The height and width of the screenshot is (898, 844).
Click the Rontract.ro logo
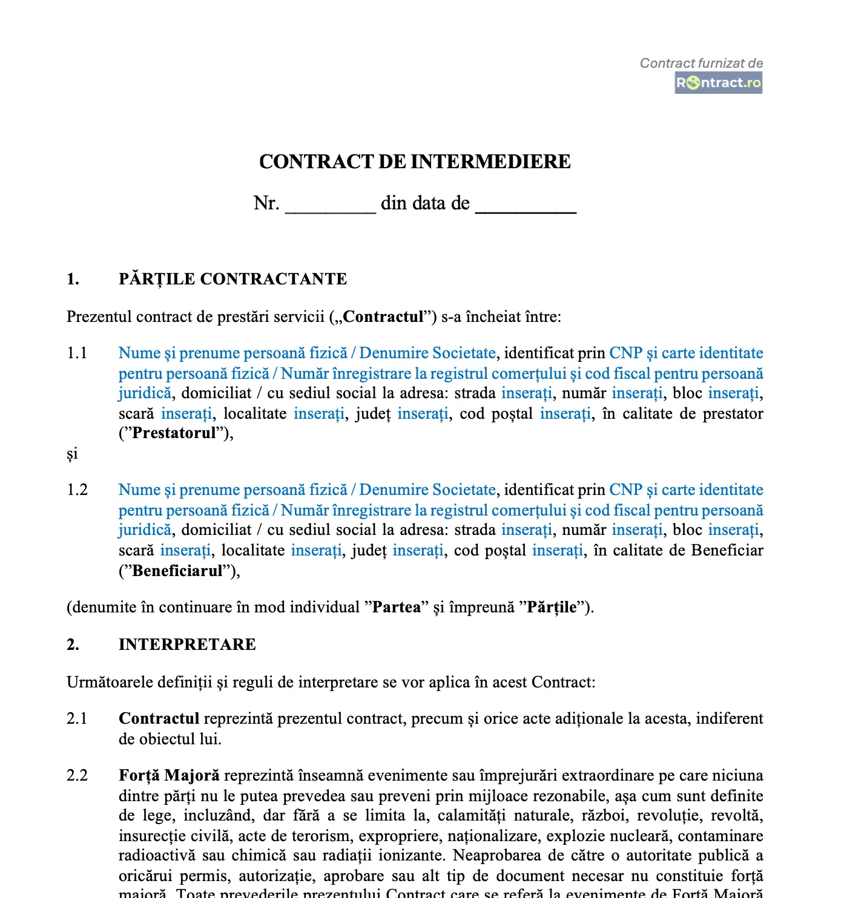pyautogui.click(x=718, y=83)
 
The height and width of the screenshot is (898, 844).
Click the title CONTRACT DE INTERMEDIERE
pyautogui.click(x=415, y=162)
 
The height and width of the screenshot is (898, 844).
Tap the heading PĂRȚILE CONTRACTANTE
pyautogui.click(x=232, y=279)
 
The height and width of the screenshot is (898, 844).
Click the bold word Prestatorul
pyautogui.click(x=174, y=433)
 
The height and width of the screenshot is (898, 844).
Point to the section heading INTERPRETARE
pyautogui.click(x=187, y=644)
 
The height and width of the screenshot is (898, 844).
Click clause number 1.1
pyautogui.click(x=77, y=353)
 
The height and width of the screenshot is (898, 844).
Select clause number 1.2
pyautogui.click(x=77, y=490)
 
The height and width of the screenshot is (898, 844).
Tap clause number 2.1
pyautogui.click(x=77, y=718)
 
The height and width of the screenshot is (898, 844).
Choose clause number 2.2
pyautogui.click(x=77, y=775)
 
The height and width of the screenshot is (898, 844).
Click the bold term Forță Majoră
pyautogui.click(x=169, y=775)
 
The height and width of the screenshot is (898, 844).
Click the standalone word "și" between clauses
pyautogui.click(x=72, y=454)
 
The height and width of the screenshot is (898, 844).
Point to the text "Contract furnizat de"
pyautogui.click(x=701, y=63)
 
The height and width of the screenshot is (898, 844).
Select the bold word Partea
pyautogui.click(x=396, y=607)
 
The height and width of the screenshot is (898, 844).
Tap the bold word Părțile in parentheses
pyautogui.click(x=552, y=607)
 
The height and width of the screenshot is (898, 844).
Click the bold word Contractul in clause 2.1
pyautogui.click(x=159, y=718)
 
